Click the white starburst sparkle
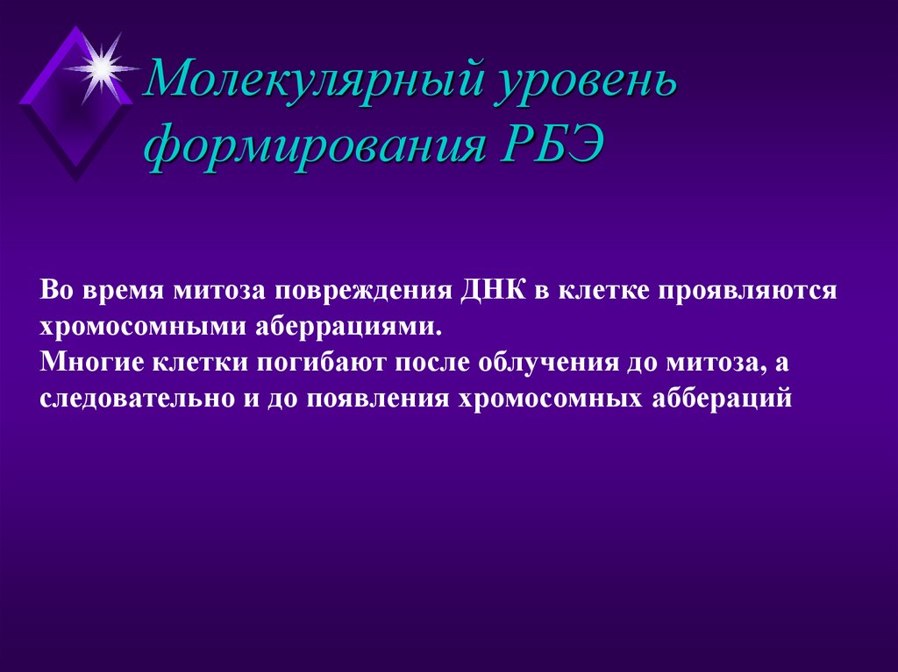pyautogui.click(x=103, y=67)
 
